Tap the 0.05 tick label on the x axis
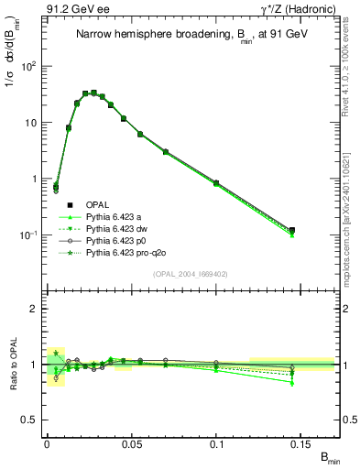pyautogui.click(x=132, y=443)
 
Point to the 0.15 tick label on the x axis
pyautogui.click(x=303, y=443)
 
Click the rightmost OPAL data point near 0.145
pyautogui.click(x=291, y=230)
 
